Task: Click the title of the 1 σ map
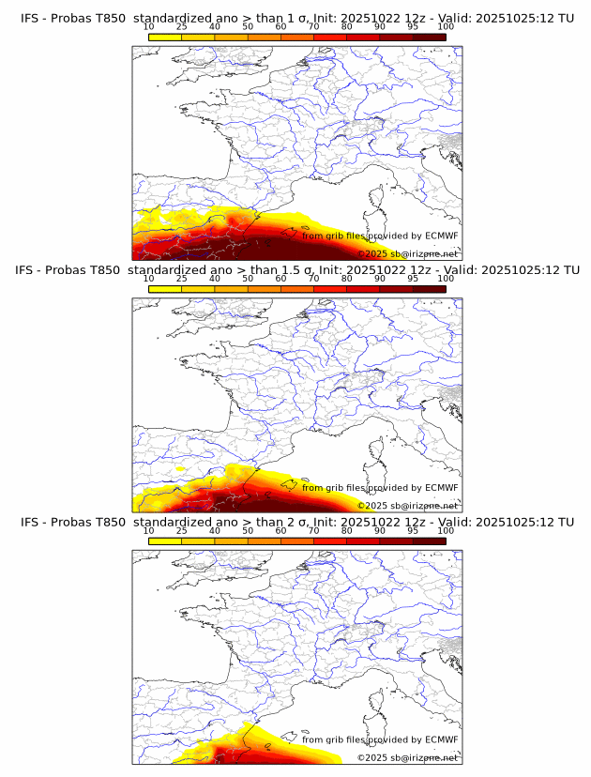pyautogui.click(x=296, y=18)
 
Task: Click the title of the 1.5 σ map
pyautogui.click(x=296, y=270)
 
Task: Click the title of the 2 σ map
pyautogui.click(x=296, y=522)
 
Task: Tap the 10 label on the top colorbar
pyautogui.click(x=149, y=26)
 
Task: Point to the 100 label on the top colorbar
pyautogui.click(x=446, y=26)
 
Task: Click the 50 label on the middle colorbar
pyautogui.click(x=248, y=279)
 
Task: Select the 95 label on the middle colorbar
pyautogui.click(x=413, y=279)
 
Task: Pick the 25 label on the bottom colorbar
pyautogui.click(x=182, y=530)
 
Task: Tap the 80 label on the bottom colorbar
pyautogui.click(x=347, y=530)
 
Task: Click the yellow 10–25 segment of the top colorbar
pyautogui.click(x=165, y=37)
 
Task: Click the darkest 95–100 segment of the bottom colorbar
pyautogui.click(x=429, y=541)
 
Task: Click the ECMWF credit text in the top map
pyautogui.click(x=380, y=236)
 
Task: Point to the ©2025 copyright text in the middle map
pyautogui.click(x=407, y=506)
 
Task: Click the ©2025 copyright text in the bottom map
pyautogui.click(x=407, y=757)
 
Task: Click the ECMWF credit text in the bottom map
pyautogui.click(x=380, y=739)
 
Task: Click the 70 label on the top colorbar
pyautogui.click(x=314, y=26)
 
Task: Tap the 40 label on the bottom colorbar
pyautogui.click(x=215, y=530)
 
